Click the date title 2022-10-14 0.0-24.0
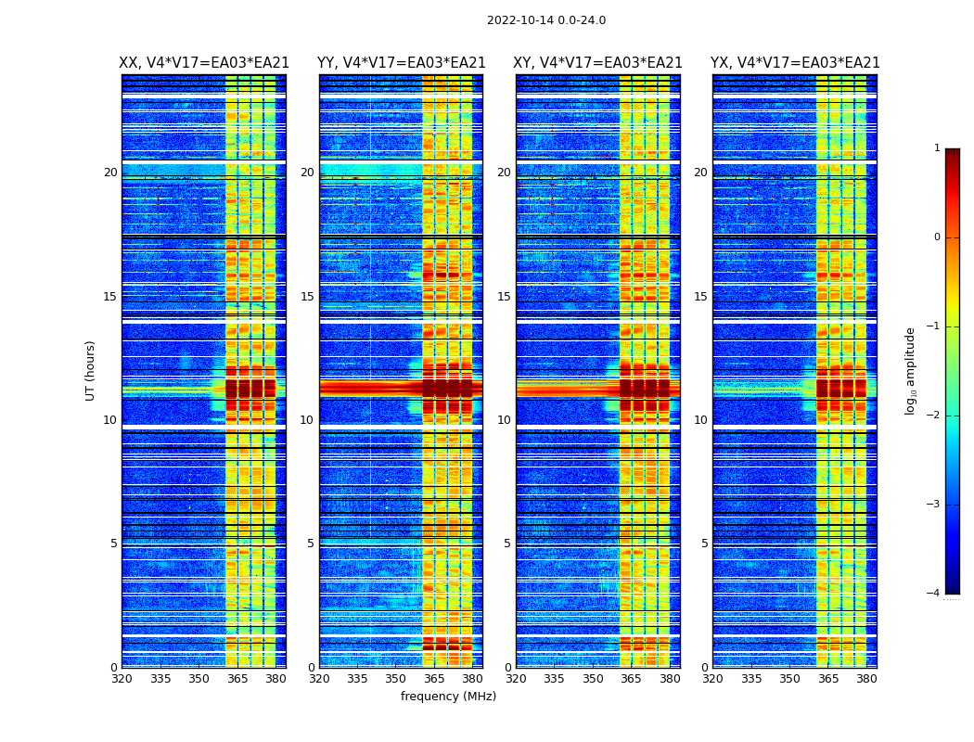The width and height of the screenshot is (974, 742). click(546, 20)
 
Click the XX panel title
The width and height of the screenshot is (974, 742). click(204, 63)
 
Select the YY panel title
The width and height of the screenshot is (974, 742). click(401, 63)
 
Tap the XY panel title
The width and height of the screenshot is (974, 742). click(598, 63)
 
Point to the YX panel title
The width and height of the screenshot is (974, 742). click(795, 63)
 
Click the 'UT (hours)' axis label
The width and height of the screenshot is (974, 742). click(91, 370)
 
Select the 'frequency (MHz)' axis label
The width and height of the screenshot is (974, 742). click(448, 697)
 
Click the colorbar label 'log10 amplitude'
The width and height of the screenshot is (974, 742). click(911, 370)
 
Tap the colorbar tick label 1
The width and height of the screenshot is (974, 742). click(937, 148)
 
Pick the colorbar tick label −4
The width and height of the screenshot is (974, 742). click(934, 594)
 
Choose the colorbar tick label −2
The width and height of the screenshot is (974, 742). click(934, 416)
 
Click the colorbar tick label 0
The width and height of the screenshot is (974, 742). click(937, 237)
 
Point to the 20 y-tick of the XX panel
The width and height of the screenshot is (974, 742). click(110, 173)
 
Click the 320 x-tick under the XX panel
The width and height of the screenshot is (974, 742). click(122, 679)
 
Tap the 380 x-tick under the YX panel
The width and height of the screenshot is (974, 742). click(866, 679)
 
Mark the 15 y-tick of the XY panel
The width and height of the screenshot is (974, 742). click(504, 297)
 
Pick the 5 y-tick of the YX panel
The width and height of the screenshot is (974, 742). click(704, 544)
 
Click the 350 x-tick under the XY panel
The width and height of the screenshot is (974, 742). click(593, 679)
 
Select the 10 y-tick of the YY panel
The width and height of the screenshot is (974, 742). click(307, 420)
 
